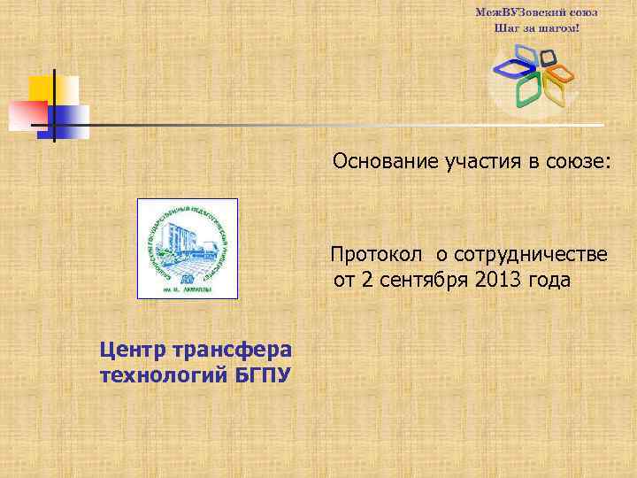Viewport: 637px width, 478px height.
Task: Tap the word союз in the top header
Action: tap(583, 12)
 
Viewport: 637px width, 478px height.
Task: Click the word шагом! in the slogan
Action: tap(562, 27)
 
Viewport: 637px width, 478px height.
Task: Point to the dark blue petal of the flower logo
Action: tap(511, 66)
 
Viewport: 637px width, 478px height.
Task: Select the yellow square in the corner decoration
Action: tap(42, 88)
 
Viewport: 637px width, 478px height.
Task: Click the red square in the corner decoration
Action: tap(27, 114)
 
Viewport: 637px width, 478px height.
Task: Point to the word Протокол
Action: tap(377, 255)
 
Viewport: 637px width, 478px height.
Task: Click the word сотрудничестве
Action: tap(530, 255)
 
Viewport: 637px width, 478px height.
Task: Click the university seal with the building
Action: tap(188, 248)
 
